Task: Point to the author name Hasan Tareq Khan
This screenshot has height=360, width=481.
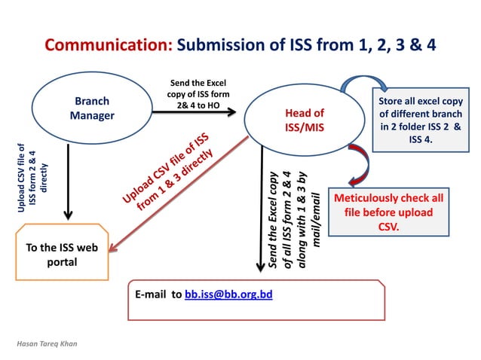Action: point(47,344)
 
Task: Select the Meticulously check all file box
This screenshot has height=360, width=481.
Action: point(388,212)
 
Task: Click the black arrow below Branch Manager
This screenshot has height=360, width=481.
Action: point(69,181)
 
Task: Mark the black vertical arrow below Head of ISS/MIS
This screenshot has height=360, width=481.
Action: point(261,211)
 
